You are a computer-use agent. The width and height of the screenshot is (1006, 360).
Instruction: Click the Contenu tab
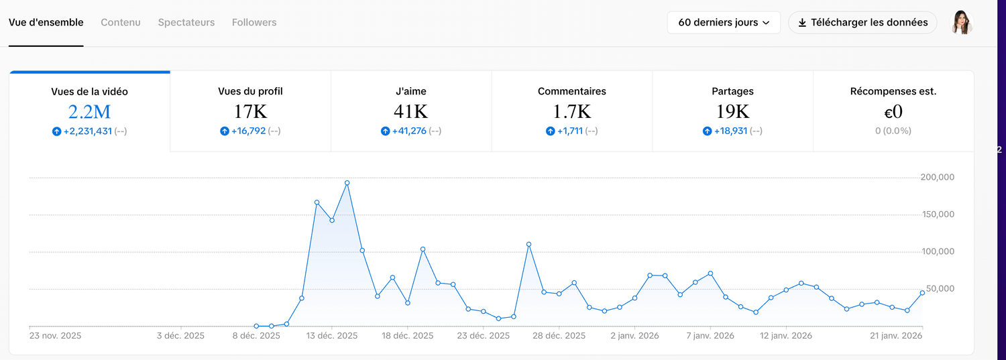(121, 22)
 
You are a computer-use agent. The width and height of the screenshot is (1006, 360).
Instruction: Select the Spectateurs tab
(186, 22)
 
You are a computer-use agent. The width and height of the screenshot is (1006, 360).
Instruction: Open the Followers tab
(254, 22)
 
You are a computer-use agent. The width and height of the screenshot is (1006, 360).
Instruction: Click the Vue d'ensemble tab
(46, 22)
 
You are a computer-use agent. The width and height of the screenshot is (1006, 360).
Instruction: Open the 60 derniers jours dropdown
(724, 22)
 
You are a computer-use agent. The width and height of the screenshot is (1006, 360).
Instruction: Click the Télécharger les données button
(862, 22)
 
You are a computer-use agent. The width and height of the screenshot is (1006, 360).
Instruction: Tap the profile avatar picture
(962, 22)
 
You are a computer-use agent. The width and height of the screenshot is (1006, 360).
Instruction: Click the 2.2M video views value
(89, 111)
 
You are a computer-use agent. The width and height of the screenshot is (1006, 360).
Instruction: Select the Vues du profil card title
(250, 91)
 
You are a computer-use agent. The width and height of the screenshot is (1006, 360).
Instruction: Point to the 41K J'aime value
(411, 111)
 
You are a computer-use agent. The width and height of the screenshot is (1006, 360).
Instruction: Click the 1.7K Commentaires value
(572, 111)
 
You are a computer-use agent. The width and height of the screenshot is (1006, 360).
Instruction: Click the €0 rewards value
(893, 111)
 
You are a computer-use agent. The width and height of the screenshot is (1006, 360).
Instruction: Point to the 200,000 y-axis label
(937, 178)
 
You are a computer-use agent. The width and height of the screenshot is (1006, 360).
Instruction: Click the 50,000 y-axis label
(937, 289)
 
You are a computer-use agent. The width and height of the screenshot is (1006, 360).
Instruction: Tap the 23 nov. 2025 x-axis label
(55, 336)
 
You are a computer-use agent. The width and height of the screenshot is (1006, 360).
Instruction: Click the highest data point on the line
(347, 183)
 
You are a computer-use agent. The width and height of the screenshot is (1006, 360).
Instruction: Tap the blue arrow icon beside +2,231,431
(56, 131)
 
